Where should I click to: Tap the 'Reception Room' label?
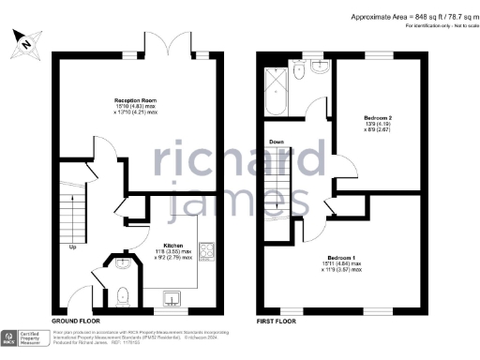[x=135, y=99]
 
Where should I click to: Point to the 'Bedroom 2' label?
[x=377, y=118]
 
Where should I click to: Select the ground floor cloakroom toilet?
[x=124, y=296]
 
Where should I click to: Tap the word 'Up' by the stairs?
[x=73, y=248]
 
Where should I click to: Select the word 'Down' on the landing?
[x=277, y=142]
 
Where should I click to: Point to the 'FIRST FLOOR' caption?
[x=277, y=320]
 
